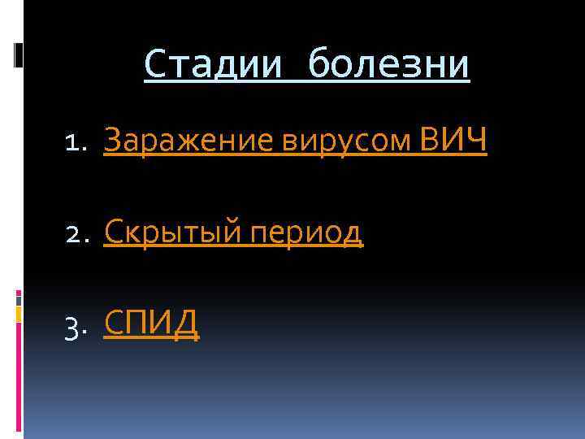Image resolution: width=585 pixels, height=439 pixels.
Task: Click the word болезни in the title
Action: coord(391,65)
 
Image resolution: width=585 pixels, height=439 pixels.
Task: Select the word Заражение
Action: coord(190,141)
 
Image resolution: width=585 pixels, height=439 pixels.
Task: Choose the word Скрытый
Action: coord(171,233)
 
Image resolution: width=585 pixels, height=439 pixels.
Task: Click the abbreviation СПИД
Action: coord(152,324)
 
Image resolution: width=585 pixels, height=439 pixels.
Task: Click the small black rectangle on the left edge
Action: coord(19,54)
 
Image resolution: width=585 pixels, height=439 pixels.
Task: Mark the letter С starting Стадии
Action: coord(154,65)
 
